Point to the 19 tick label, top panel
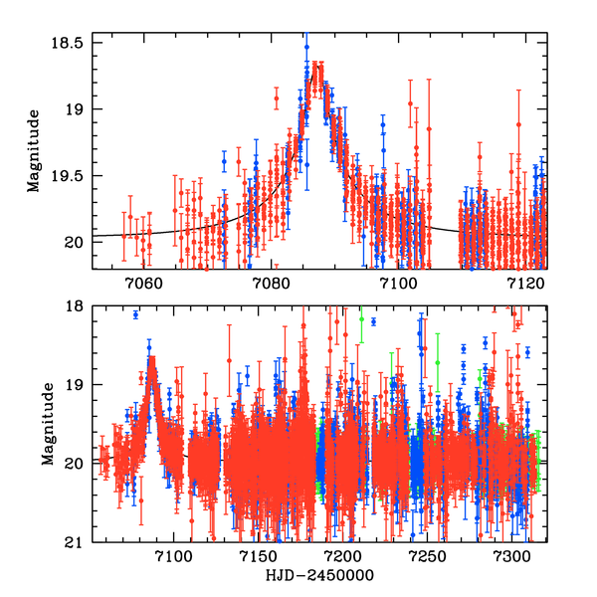coord(78,109)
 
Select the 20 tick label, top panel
coord(78,241)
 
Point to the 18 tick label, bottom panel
coord(78,306)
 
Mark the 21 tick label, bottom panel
coord(78,542)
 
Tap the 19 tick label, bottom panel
coord(78,385)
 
